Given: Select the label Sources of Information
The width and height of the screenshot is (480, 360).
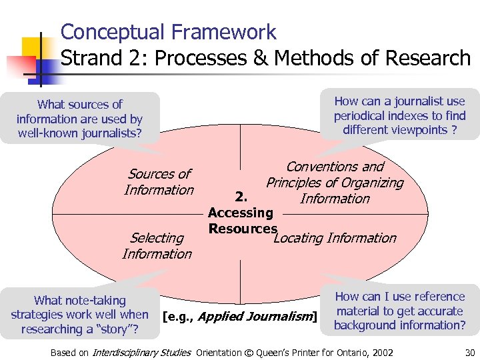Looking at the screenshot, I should [159, 182].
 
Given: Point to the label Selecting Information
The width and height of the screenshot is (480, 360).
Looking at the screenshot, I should [157, 245].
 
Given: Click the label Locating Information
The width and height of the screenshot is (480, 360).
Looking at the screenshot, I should [335, 238].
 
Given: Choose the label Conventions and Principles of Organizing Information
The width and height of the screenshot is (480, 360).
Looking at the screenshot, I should [335, 183].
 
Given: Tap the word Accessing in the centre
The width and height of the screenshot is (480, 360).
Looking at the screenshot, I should [241, 213].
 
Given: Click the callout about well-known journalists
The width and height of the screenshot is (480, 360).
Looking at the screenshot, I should [79, 119].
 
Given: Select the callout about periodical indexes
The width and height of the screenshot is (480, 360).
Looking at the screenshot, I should [399, 115].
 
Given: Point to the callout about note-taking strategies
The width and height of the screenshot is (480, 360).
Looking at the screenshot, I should [79, 315].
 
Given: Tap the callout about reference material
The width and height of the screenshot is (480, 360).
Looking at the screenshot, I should [399, 311].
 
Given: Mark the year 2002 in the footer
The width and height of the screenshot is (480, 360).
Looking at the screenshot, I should [380, 353].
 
